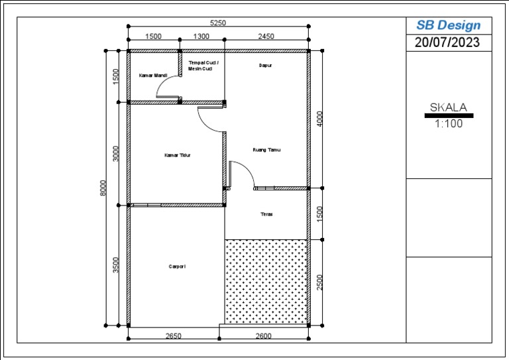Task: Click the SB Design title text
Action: pyautogui.click(x=448, y=25)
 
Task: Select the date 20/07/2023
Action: pyautogui.click(x=448, y=42)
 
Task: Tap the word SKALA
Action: pyautogui.click(x=449, y=107)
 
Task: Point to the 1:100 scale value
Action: pyautogui.click(x=449, y=123)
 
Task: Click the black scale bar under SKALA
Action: pyautogui.click(x=449, y=115)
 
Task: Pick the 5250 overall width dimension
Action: pyautogui.click(x=218, y=23)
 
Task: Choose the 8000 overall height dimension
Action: pyautogui.click(x=103, y=188)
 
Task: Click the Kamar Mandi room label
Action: pyautogui.click(x=152, y=76)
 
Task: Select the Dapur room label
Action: pyautogui.click(x=265, y=66)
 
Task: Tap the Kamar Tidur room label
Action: pyautogui.click(x=178, y=155)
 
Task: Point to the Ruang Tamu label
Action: pyautogui.click(x=266, y=150)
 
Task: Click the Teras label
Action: pyautogui.click(x=266, y=214)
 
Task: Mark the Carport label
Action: pyautogui.click(x=176, y=267)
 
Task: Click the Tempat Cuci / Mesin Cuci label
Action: pyautogui.click(x=203, y=65)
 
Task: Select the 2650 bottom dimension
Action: pyautogui.click(x=173, y=336)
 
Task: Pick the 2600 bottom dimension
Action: pyautogui.click(x=263, y=336)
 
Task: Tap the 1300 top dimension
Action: pyautogui.click(x=201, y=36)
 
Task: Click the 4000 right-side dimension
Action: pyautogui.click(x=321, y=119)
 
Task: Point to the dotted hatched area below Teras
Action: pyautogui.click(x=266, y=281)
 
